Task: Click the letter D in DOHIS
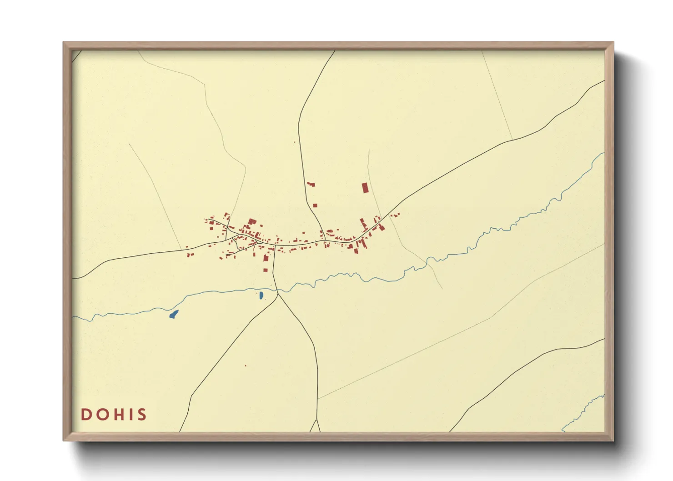pyautogui.click(x=86, y=415)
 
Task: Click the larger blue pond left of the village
pyautogui.click(x=174, y=314)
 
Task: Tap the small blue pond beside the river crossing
pyautogui.click(x=261, y=296)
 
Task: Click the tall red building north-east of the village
pyautogui.click(x=364, y=188)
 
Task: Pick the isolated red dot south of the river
pyautogui.click(x=246, y=366)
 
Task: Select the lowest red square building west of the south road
pyautogui.click(x=266, y=270)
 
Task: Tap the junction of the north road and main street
pyautogui.click(x=325, y=240)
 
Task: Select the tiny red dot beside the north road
pyautogui.click(x=295, y=142)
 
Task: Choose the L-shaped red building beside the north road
pyautogui.click(x=311, y=184)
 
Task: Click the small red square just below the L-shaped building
pyautogui.click(x=314, y=205)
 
